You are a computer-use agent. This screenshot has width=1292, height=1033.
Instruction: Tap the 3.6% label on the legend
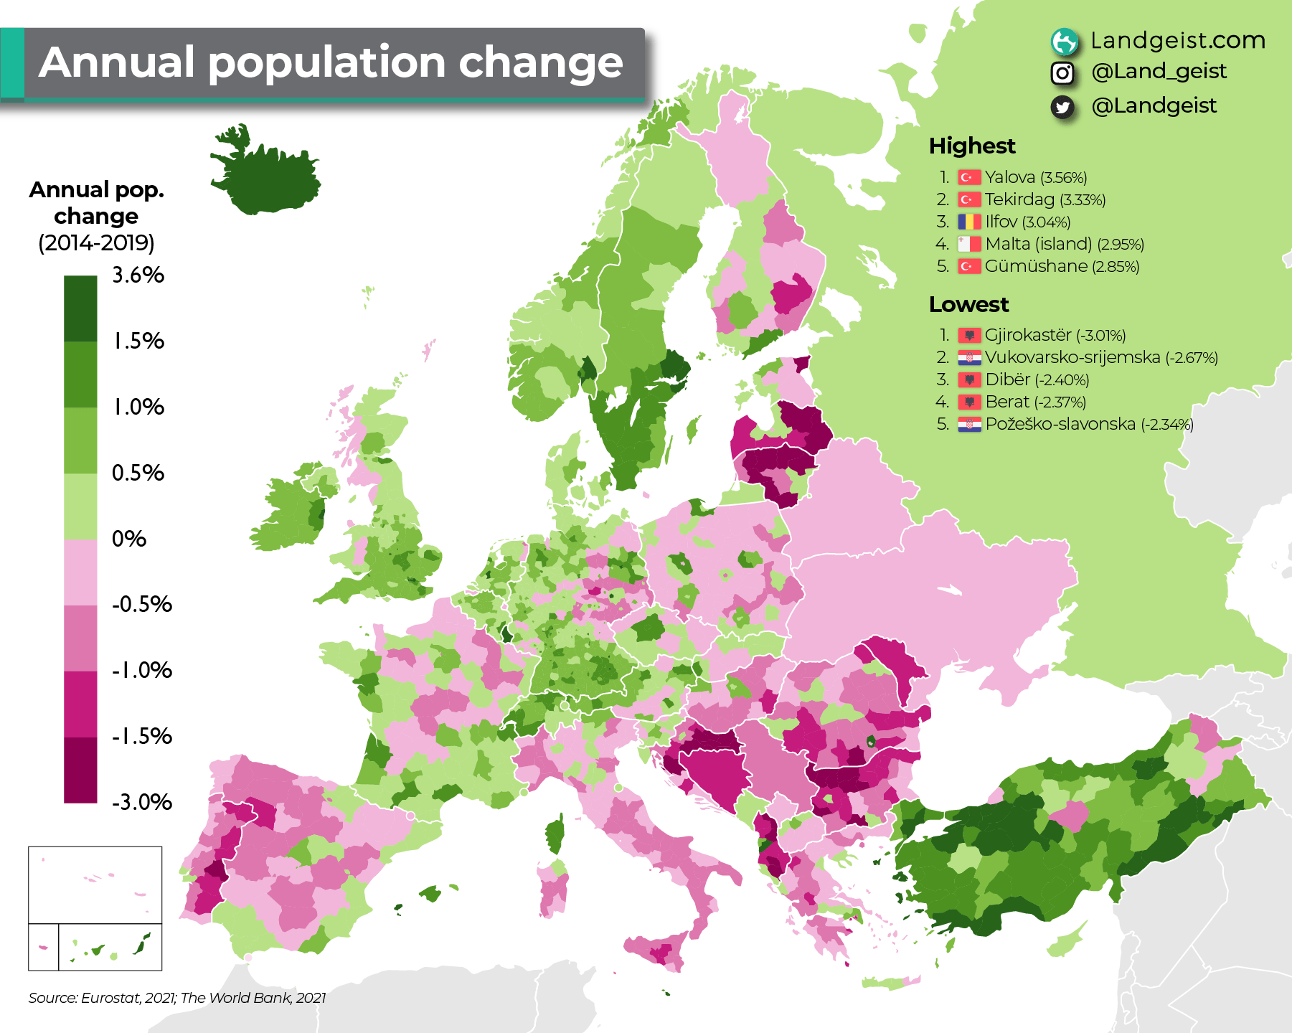pyautogui.click(x=138, y=275)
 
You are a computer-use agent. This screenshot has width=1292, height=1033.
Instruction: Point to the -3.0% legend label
pyautogui.click(x=141, y=801)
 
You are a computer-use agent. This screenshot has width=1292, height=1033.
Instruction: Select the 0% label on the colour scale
pyautogui.click(x=128, y=538)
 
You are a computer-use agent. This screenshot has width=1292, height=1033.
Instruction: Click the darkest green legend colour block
pyautogui.click(x=80, y=308)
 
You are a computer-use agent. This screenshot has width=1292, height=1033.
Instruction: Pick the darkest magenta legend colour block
pyautogui.click(x=80, y=770)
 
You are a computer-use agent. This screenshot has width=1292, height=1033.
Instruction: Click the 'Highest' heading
pyautogui.click(x=972, y=146)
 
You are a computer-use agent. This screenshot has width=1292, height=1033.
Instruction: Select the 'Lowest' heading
pyautogui.click(x=968, y=304)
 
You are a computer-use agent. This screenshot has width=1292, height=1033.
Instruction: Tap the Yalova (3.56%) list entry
pyautogui.click(x=1035, y=177)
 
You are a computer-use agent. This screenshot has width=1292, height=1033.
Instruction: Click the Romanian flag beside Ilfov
pyautogui.click(x=969, y=222)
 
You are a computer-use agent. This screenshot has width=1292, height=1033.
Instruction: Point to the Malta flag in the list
pyautogui.click(x=969, y=244)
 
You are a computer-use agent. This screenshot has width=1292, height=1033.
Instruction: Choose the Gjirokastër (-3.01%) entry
pyautogui.click(x=1055, y=335)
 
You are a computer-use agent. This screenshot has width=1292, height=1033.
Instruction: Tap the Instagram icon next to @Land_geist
pyautogui.click(x=1062, y=72)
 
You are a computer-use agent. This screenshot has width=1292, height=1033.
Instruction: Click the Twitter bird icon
pyautogui.click(x=1062, y=107)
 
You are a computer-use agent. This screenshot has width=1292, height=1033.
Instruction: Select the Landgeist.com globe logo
pyautogui.click(x=1065, y=42)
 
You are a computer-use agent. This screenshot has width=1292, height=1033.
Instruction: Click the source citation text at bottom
pyautogui.click(x=177, y=998)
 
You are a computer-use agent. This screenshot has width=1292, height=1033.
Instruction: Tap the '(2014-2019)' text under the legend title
pyautogui.click(x=96, y=242)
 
